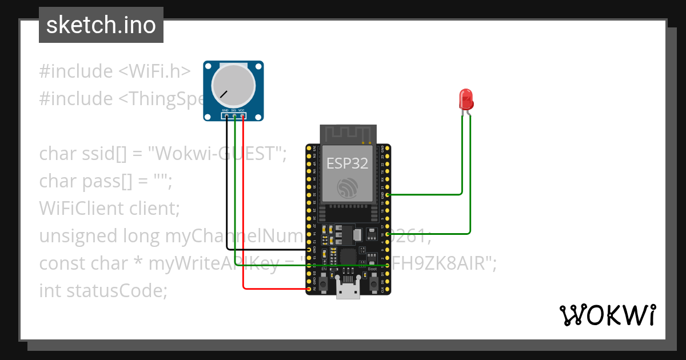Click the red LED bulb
(x=466, y=99)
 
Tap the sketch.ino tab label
(x=101, y=25)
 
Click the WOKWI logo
(x=607, y=315)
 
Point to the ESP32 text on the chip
(x=348, y=163)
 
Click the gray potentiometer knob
(x=233, y=86)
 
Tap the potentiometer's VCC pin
(x=242, y=116)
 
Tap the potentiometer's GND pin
(x=226, y=116)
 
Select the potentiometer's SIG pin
(x=234, y=116)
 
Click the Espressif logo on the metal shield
(x=348, y=189)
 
